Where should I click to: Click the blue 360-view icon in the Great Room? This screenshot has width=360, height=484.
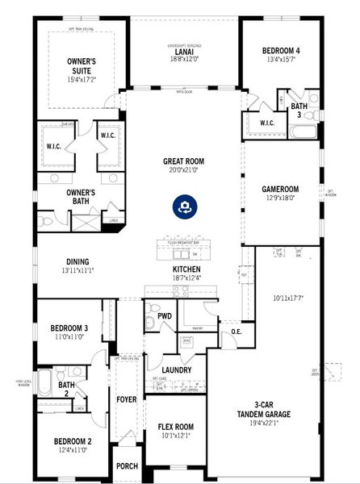pos(184,207)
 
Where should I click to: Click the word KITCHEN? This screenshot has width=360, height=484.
pos(186,269)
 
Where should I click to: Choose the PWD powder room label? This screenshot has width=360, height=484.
pos(165,316)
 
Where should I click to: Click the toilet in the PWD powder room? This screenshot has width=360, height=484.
pos(151,323)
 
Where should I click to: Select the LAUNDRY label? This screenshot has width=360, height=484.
pos(177,370)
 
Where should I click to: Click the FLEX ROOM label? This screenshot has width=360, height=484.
pos(175,427)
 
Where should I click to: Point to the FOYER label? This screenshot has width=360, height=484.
pos(127,398)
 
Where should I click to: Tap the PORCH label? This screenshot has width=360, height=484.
pos(127,465)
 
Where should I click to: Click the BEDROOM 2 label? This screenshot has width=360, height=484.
pos(72,441)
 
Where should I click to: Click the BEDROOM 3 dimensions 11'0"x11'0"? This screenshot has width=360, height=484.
pos(69,337)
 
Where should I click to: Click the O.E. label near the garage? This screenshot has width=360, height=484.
pos(237,332)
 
